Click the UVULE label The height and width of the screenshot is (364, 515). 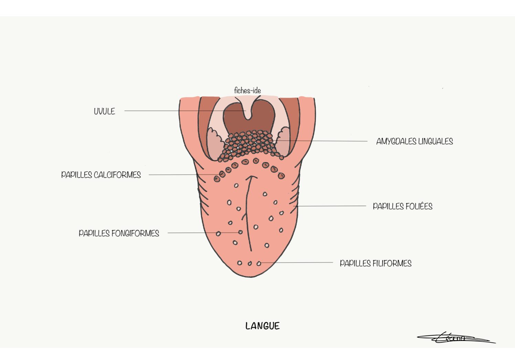coord(104,111)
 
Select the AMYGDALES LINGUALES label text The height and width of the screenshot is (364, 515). coord(414,141)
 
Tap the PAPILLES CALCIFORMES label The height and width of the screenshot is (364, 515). coord(101,175)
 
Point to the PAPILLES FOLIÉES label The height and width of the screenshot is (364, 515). coord(403,206)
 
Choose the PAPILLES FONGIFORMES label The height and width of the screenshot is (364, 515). coord(119,233)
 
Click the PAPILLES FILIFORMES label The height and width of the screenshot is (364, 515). coord(375,264)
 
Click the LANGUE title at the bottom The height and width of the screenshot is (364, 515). coord(262,326)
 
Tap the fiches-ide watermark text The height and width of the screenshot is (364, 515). coord(247,90)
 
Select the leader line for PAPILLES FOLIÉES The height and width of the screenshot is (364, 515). coord(330,206)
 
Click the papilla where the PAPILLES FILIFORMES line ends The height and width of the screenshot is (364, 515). coord(259,264)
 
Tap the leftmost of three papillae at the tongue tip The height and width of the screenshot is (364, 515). coord(239,263)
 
